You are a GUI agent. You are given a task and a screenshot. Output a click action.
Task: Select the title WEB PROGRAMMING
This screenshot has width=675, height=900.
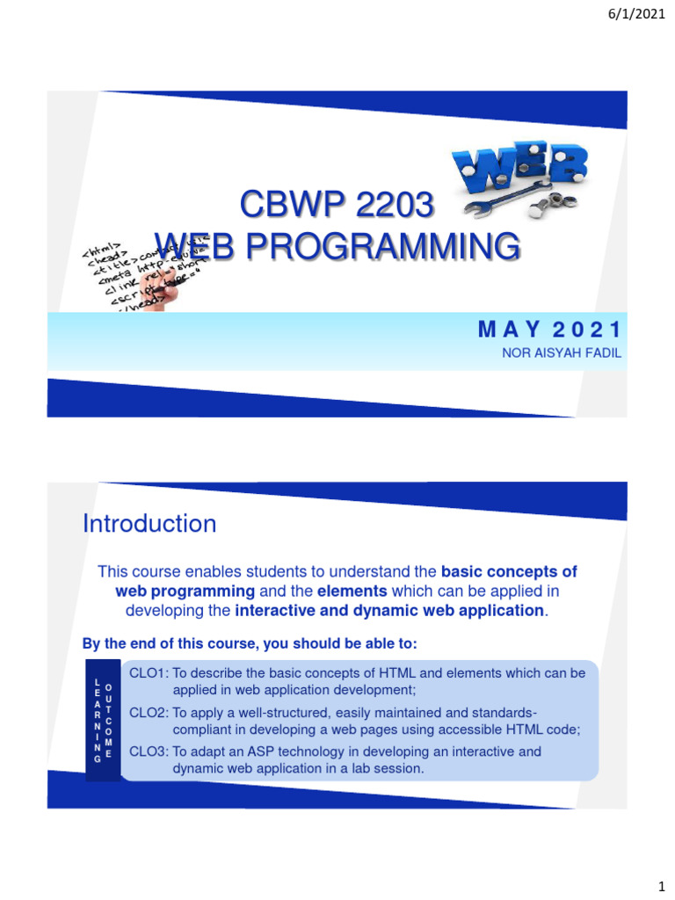(337, 247)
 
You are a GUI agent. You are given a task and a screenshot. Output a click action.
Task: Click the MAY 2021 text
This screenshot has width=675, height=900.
(549, 330)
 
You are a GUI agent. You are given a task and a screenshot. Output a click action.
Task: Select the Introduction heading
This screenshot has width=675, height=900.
(149, 524)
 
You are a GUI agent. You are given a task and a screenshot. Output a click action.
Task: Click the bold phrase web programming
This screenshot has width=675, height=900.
(185, 591)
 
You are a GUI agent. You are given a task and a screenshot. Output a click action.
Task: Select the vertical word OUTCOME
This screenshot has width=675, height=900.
(108, 719)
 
